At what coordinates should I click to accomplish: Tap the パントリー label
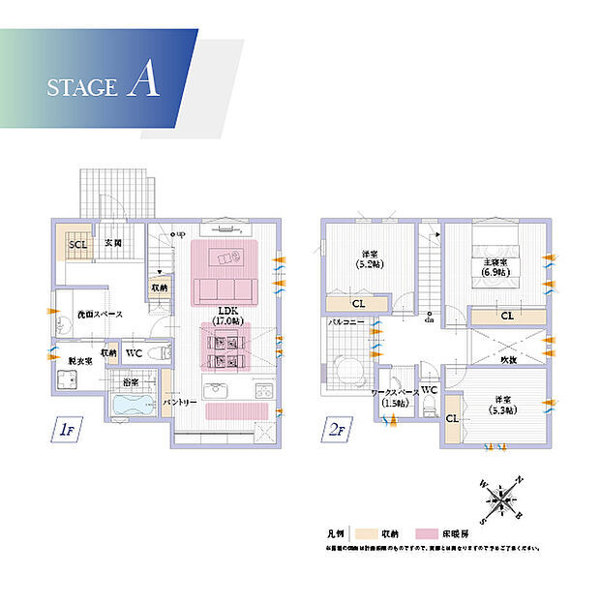tap(180, 402)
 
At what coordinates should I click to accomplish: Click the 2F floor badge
tap(333, 428)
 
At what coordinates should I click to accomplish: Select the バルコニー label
tap(345, 319)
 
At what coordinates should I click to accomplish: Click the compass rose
tap(502, 500)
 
